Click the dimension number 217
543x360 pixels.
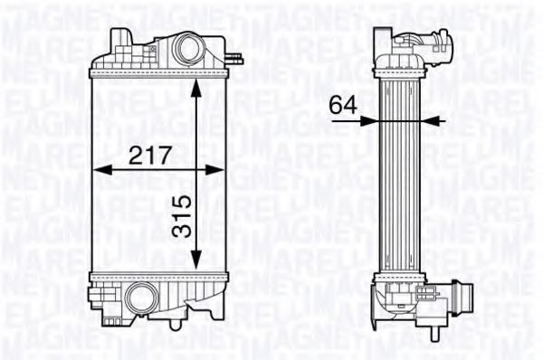(x=150, y=155)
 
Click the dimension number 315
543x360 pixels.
(x=182, y=215)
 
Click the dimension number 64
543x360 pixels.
(x=343, y=105)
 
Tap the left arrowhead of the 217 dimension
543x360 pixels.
(x=102, y=170)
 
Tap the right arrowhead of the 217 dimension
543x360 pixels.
(x=214, y=170)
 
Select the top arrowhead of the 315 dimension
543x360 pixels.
(x=196, y=89)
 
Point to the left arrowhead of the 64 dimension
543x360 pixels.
(x=368, y=121)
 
